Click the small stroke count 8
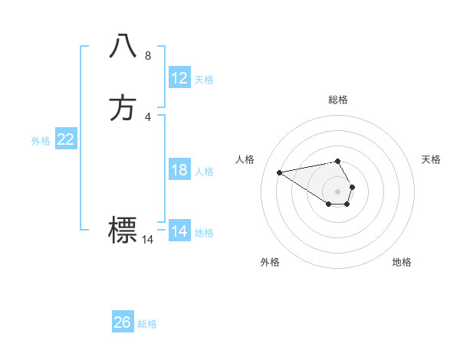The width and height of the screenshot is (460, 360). click(x=148, y=56)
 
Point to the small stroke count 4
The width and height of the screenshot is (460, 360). click(x=148, y=116)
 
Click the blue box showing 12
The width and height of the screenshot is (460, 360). click(x=179, y=78)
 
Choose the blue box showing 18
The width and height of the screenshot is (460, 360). click(x=179, y=170)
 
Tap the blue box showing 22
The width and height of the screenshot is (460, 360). click(x=66, y=139)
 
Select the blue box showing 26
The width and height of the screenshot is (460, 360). click(x=123, y=322)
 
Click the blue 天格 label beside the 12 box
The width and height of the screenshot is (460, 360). click(x=204, y=80)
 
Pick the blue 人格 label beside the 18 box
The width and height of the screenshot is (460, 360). click(x=204, y=172)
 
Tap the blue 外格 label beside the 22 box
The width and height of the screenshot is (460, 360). click(x=41, y=141)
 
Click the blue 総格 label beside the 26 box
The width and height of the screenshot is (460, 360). click(x=147, y=324)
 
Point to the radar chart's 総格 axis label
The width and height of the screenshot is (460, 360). click(x=338, y=100)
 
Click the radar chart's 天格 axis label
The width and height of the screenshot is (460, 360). click(x=432, y=159)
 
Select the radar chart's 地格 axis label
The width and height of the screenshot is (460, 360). click(x=402, y=262)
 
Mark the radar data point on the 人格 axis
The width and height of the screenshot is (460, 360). click(x=279, y=172)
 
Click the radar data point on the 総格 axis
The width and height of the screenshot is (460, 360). click(x=338, y=161)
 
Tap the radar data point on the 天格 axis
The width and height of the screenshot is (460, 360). click(x=352, y=187)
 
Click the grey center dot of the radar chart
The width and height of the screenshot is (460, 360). click(x=338, y=191)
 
